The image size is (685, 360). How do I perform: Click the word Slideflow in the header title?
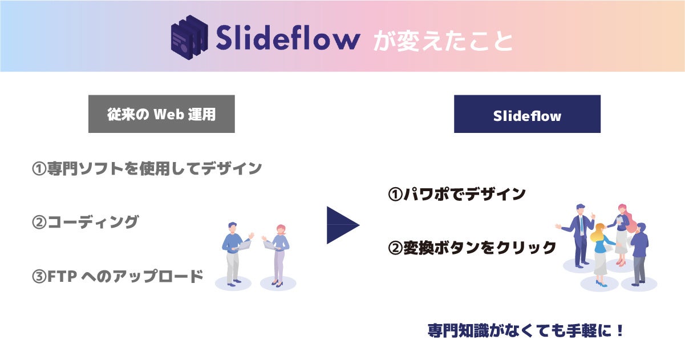(x=287, y=39)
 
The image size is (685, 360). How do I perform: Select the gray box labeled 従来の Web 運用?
(x=161, y=114)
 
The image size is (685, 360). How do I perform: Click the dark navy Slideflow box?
(x=527, y=114)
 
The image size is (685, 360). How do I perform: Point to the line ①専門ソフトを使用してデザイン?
(x=147, y=168)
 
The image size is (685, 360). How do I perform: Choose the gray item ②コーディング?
(x=84, y=222)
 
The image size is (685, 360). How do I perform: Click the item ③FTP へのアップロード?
(x=117, y=277)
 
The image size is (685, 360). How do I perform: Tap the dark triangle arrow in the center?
(x=341, y=225)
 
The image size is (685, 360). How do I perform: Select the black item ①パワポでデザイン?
(x=456, y=194)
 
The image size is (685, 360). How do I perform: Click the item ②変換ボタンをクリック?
(x=472, y=248)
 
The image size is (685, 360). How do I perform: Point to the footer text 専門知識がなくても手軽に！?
(x=526, y=331)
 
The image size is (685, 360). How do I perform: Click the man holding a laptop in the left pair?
(x=234, y=251)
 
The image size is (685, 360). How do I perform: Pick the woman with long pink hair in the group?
(x=621, y=231)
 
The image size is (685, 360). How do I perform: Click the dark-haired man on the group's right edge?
(x=640, y=251)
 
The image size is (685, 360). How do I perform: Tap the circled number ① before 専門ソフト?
(x=39, y=169)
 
